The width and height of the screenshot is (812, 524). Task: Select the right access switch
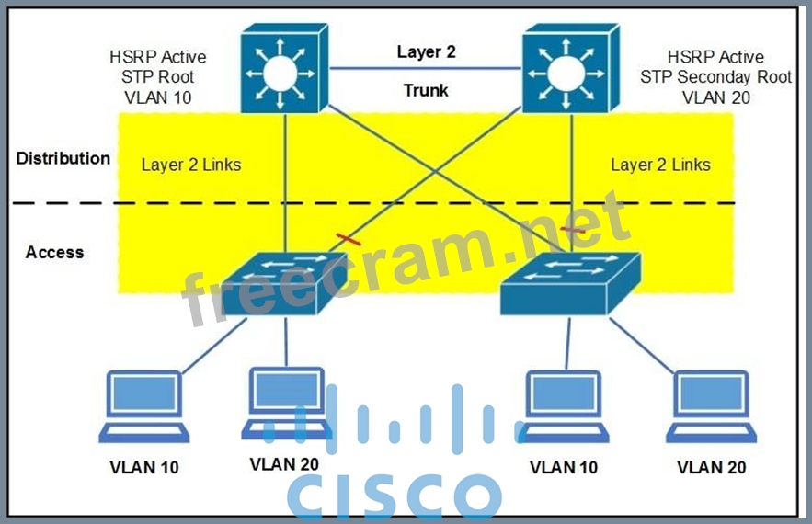568,279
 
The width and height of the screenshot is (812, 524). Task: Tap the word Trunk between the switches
426,90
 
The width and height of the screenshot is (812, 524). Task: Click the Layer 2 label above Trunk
426,52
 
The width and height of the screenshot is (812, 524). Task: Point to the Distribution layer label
63,158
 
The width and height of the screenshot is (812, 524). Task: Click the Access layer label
54,252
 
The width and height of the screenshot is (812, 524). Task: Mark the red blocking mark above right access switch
574,229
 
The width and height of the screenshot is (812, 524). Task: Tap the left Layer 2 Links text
191,165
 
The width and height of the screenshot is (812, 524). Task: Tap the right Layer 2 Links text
660,165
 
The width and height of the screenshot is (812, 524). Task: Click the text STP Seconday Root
715,77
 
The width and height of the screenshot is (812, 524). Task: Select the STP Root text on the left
158,77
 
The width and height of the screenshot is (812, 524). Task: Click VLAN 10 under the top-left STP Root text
158,97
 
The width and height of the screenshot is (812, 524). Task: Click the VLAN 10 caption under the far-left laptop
144,467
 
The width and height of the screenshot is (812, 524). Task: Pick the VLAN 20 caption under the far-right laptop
712,467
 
